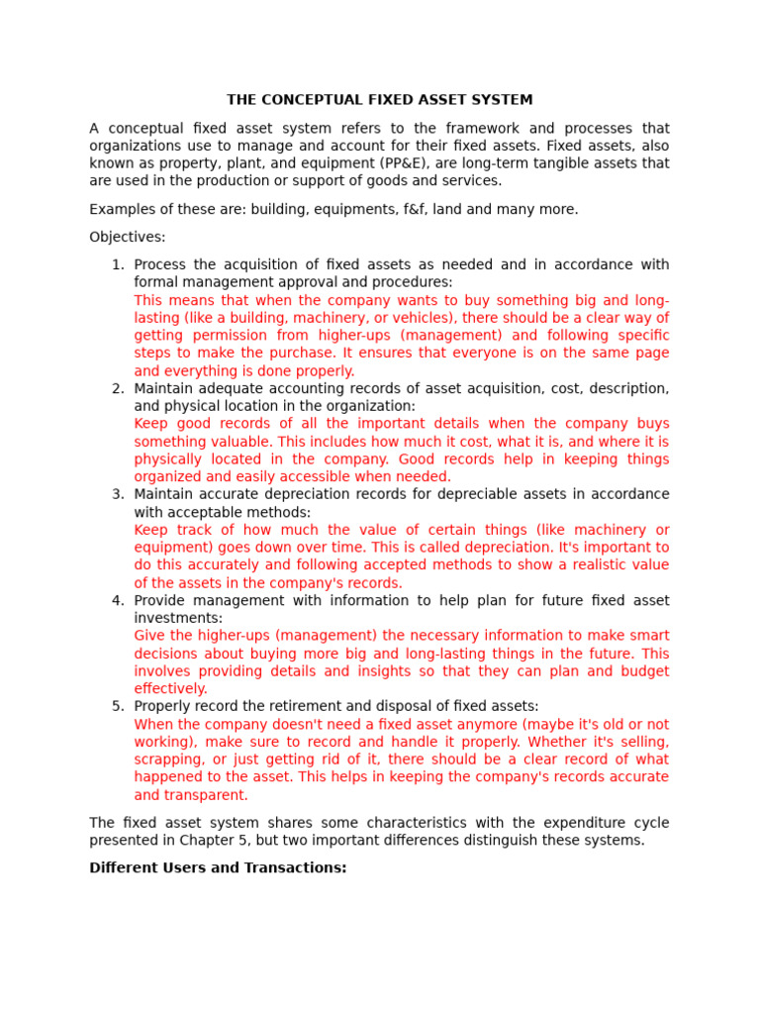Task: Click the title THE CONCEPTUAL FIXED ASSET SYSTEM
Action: point(379,100)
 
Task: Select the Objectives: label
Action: point(128,238)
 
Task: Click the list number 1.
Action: point(118,265)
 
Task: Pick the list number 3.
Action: point(118,494)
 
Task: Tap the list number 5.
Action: point(118,706)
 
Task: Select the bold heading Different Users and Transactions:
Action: point(218,868)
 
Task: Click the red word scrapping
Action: point(169,760)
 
